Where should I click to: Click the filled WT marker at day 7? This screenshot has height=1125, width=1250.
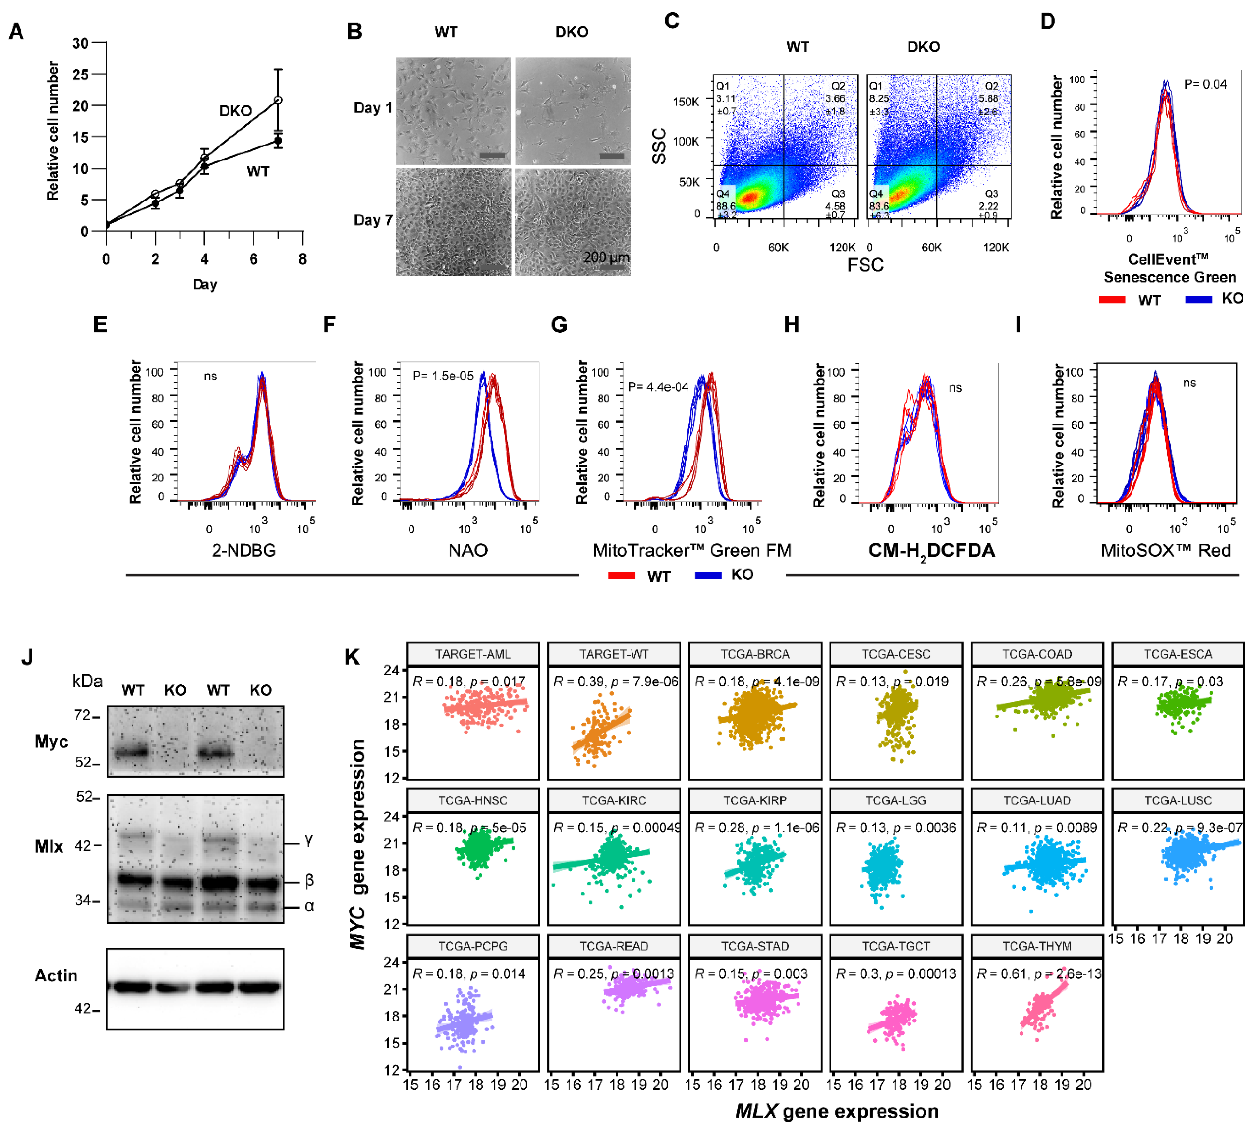[278, 141]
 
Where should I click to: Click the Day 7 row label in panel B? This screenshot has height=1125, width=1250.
[373, 220]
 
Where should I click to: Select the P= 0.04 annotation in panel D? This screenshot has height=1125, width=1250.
[1205, 84]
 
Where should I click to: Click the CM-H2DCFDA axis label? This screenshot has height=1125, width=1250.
[932, 551]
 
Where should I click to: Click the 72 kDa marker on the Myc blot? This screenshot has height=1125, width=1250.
[82, 715]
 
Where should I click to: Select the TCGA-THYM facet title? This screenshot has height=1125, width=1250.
[1037, 946]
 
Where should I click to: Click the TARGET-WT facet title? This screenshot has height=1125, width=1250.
[614, 654]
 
